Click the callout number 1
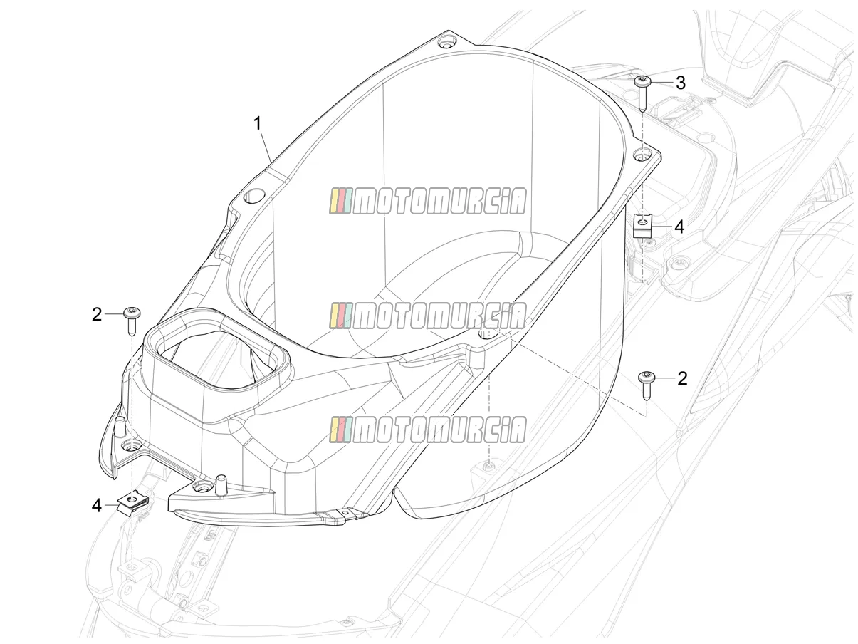[257, 124]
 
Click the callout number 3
[681, 83]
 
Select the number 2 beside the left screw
[97, 315]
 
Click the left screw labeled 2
[132, 322]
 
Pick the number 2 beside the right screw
[682, 378]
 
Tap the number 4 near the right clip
[680, 227]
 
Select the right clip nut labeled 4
[643, 226]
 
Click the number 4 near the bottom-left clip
[97, 506]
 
